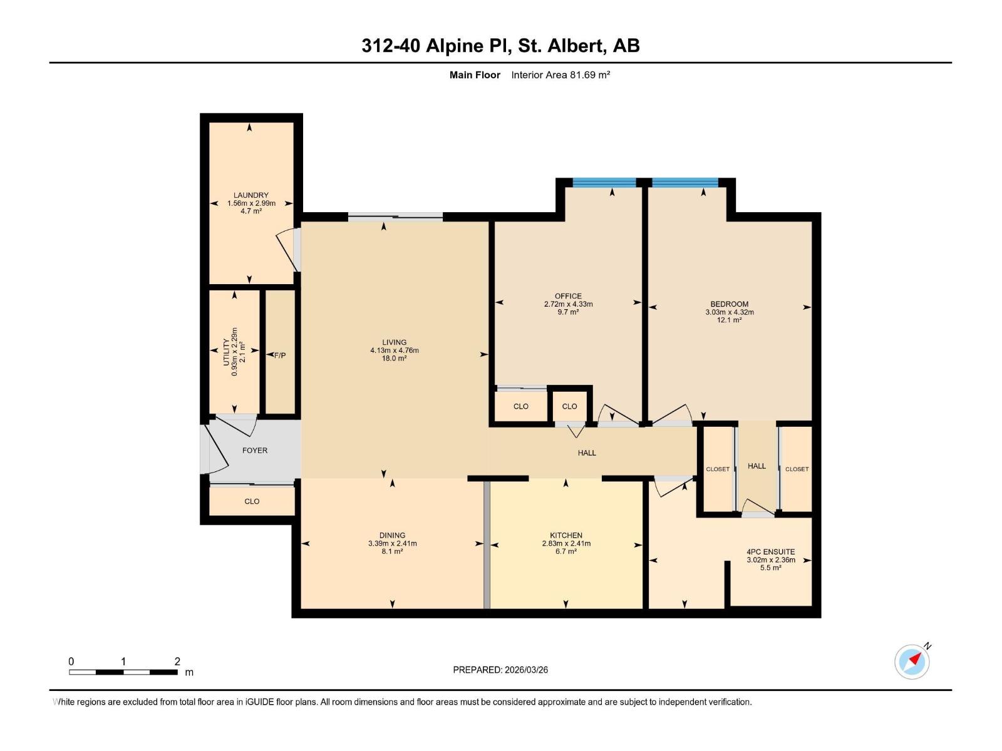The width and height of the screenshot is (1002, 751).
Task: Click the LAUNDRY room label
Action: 250,195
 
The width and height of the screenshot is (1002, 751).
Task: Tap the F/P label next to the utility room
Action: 280,355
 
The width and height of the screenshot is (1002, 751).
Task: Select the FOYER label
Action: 255,451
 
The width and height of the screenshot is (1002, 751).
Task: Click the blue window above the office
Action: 604,182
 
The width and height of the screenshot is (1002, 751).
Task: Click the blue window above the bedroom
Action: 685,182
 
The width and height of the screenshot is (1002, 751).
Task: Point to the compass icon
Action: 912,662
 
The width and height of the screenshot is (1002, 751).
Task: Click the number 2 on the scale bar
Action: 177,662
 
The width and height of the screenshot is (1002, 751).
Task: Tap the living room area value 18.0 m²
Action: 395,359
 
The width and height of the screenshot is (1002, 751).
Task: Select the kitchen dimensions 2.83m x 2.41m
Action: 566,543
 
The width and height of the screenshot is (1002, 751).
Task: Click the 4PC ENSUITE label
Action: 770,552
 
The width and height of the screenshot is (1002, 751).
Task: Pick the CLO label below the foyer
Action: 252,501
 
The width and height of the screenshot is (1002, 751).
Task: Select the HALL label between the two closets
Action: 757,466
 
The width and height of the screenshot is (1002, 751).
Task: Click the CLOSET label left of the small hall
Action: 718,469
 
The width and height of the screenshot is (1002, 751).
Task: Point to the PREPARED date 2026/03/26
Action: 500,670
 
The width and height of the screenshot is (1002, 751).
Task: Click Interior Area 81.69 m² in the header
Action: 560,75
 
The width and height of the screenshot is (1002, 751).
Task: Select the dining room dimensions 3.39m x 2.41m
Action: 393,543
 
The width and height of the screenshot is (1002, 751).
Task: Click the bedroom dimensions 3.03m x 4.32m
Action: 730,312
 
